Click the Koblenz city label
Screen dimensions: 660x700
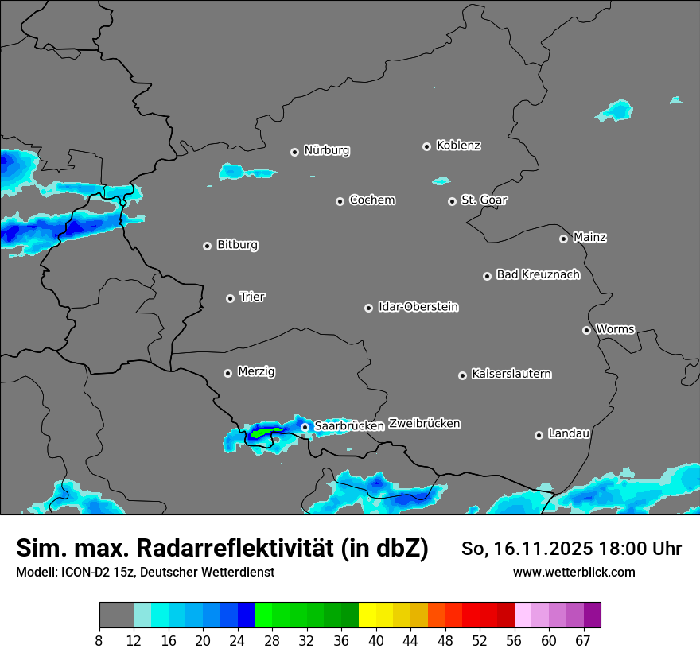coord(458,146)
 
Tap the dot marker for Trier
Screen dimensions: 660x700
coord(231,298)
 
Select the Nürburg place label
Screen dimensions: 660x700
coord(326,150)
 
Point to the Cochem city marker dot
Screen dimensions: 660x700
coord(340,201)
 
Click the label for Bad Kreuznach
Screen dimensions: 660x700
coord(538,274)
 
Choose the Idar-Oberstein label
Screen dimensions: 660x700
coord(418,307)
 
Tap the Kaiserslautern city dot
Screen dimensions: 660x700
coord(462,375)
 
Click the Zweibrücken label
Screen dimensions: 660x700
coord(424,424)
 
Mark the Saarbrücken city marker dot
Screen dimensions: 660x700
coord(305,427)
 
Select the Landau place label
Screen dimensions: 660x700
coord(569,433)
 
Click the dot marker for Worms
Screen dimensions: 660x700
coord(586,330)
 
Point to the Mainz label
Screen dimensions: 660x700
coord(589,237)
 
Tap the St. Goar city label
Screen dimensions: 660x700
coord(484,200)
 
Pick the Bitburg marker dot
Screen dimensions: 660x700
coord(207,246)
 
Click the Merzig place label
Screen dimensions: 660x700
coord(257,371)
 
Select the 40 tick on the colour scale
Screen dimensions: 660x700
coord(376,641)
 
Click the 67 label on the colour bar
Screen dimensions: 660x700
coord(583,641)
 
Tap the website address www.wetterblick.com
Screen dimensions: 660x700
coord(574,573)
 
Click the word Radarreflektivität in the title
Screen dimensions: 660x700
coord(282,548)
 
